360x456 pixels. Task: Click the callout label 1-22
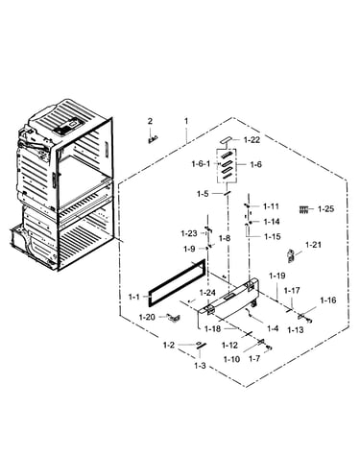tap(252, 140)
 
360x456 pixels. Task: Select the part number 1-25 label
tap(325, 209)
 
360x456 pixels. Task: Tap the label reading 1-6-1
tap(201, 164)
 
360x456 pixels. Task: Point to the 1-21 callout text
tap(313, 245)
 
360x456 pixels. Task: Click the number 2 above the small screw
tap(150, 121)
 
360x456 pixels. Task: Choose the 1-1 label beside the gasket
tap(134, 297)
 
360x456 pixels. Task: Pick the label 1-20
tap(147, 317)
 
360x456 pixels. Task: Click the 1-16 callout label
tap(328, 300)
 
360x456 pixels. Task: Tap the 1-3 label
tap(200, 366)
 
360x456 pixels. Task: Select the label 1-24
tap(207, 293)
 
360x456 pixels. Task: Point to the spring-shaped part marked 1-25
tap(303, 209)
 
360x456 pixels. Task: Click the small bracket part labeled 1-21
tap(291, 255)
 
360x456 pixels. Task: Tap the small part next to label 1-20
tap(174, 318)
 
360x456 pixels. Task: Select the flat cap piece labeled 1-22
tap(227, 140)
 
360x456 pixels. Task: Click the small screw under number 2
tap(153, 139)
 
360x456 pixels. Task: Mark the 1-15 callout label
tap(273, 236)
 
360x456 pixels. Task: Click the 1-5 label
tap(203, 194)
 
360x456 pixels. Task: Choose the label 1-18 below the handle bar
tap(212, 328)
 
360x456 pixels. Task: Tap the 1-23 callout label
tap(189, 233)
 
